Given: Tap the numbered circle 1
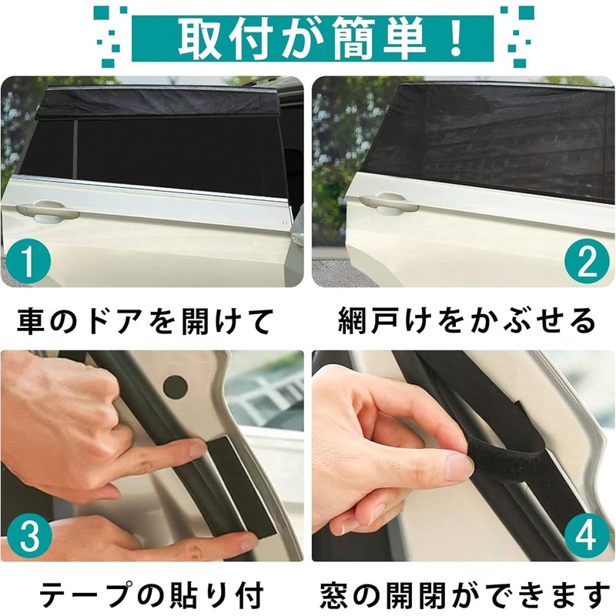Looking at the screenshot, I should coord(27,263).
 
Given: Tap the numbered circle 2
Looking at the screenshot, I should coord(588,263).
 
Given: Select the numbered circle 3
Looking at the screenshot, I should coord(27,534).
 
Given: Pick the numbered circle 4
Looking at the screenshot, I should coord(588,534).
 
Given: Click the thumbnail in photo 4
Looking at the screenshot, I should coord(459,467).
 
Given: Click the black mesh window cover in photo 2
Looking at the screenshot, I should coord(493,139).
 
